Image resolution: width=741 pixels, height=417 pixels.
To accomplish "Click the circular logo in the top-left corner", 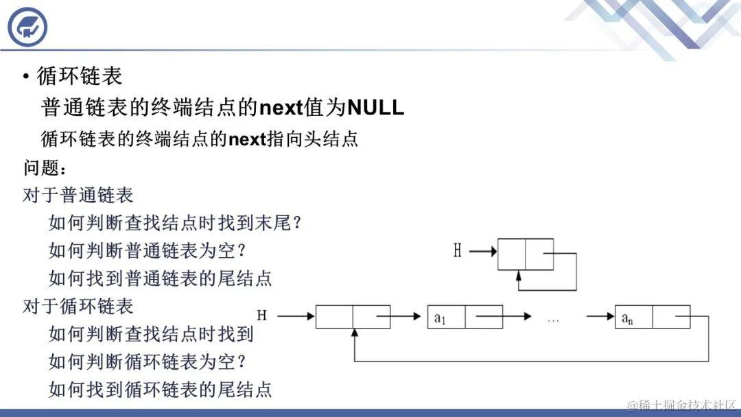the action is pyautogui.click(x=27, y=27).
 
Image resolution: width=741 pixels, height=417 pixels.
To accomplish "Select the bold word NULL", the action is pyautogui.click(x=376, y=108).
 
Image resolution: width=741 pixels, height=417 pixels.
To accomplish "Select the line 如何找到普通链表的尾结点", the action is pyautogui.click(x=161, y=278).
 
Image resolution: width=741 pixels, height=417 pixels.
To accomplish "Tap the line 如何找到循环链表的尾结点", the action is pyautogui.click(x=161, y=389).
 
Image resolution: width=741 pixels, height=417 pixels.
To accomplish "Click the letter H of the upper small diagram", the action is pyautogui.click(x=458, y=251).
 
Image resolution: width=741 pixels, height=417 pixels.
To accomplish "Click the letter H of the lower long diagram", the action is pyautogui.click(x=261, y=315).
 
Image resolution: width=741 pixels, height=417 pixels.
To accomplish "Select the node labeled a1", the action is pyautogui.click(x=464, y=317).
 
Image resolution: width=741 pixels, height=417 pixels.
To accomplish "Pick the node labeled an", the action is pyautogui.click(x=652, y=317).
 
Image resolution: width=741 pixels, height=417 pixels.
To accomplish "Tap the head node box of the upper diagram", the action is pyautogui.click(x=525, y=254).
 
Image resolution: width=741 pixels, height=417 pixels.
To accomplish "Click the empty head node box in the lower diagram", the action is pyautogui.click(x=353, y=317).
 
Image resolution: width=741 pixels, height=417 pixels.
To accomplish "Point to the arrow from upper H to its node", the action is pyautogui.click(x=483, y=252).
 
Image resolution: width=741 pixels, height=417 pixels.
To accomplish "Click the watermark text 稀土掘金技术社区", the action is pyautogui.click(x=687, y=405).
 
